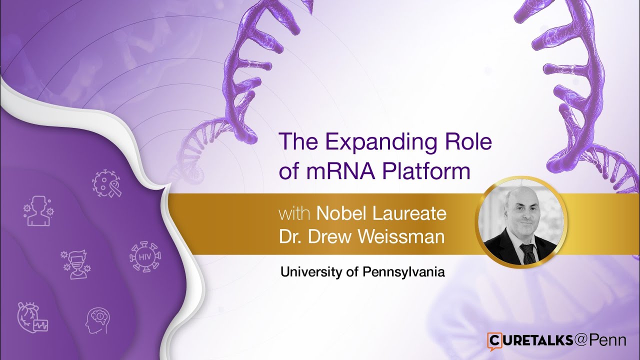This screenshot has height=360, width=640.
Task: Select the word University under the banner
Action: [x=310, y=272]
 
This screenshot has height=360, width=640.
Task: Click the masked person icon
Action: [x=75, y=264]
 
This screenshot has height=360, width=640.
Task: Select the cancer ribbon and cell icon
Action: [x=106, y=183]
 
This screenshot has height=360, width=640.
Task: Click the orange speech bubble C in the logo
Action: [x=494, y=340]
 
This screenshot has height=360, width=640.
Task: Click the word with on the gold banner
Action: [x=295, y=214]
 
